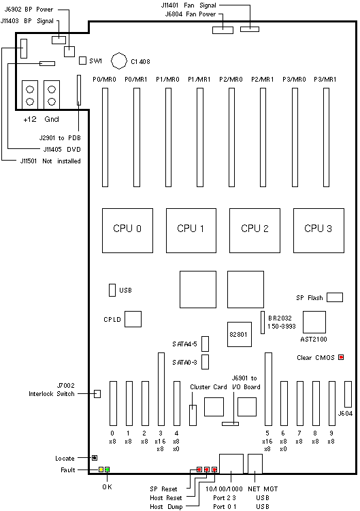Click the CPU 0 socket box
click(127, 231)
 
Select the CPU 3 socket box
click(318, 231)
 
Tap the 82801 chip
click(240, 334)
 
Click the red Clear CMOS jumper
click(341, 357)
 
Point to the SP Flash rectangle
click(335, 297)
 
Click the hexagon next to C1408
click(118, 61)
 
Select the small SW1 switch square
click(83, 61)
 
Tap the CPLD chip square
click(133, 319)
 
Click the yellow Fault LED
click(101, 469)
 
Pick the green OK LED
click(107, 469)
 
